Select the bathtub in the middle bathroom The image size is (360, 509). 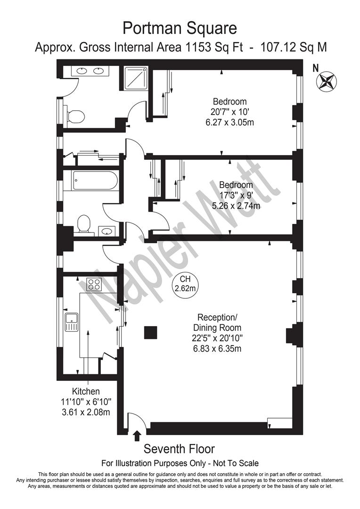coord(95,180)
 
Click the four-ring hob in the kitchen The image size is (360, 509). coord(94,284)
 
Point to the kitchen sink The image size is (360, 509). coord(72,321)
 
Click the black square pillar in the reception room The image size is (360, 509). coord(150,332)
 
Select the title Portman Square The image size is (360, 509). coord(180,28)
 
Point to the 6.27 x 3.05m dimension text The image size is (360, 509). coord(229,122)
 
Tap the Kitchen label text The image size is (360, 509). coord(86,392)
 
